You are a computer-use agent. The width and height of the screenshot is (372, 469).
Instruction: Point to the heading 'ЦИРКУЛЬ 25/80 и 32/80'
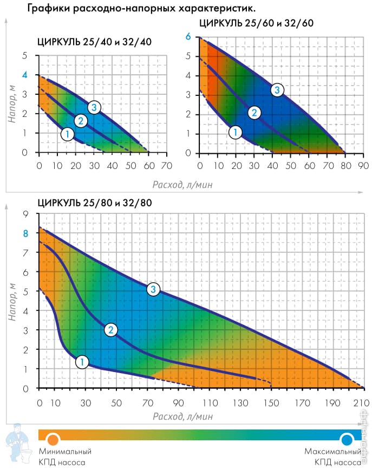click(95, 203)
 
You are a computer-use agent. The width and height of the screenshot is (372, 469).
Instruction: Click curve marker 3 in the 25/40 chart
click(94, 107)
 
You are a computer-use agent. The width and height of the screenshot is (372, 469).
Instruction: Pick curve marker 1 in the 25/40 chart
click(67, 134)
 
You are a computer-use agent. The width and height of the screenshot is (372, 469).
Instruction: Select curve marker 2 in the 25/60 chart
click(254, 113)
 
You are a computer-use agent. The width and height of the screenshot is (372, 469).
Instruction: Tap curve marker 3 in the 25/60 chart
click(277, 90)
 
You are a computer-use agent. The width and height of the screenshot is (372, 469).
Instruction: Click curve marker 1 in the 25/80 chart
click(81, 362)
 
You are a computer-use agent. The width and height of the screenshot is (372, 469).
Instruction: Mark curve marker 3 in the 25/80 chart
click(154, 290)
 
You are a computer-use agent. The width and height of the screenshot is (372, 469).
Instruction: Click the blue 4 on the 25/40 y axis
click(24, 75)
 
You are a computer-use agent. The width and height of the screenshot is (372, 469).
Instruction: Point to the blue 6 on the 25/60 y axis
click(188, 36)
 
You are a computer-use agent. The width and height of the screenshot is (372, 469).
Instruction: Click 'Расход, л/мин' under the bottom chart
click(182, 416)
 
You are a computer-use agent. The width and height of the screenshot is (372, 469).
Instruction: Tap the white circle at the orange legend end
click(52, 439)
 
